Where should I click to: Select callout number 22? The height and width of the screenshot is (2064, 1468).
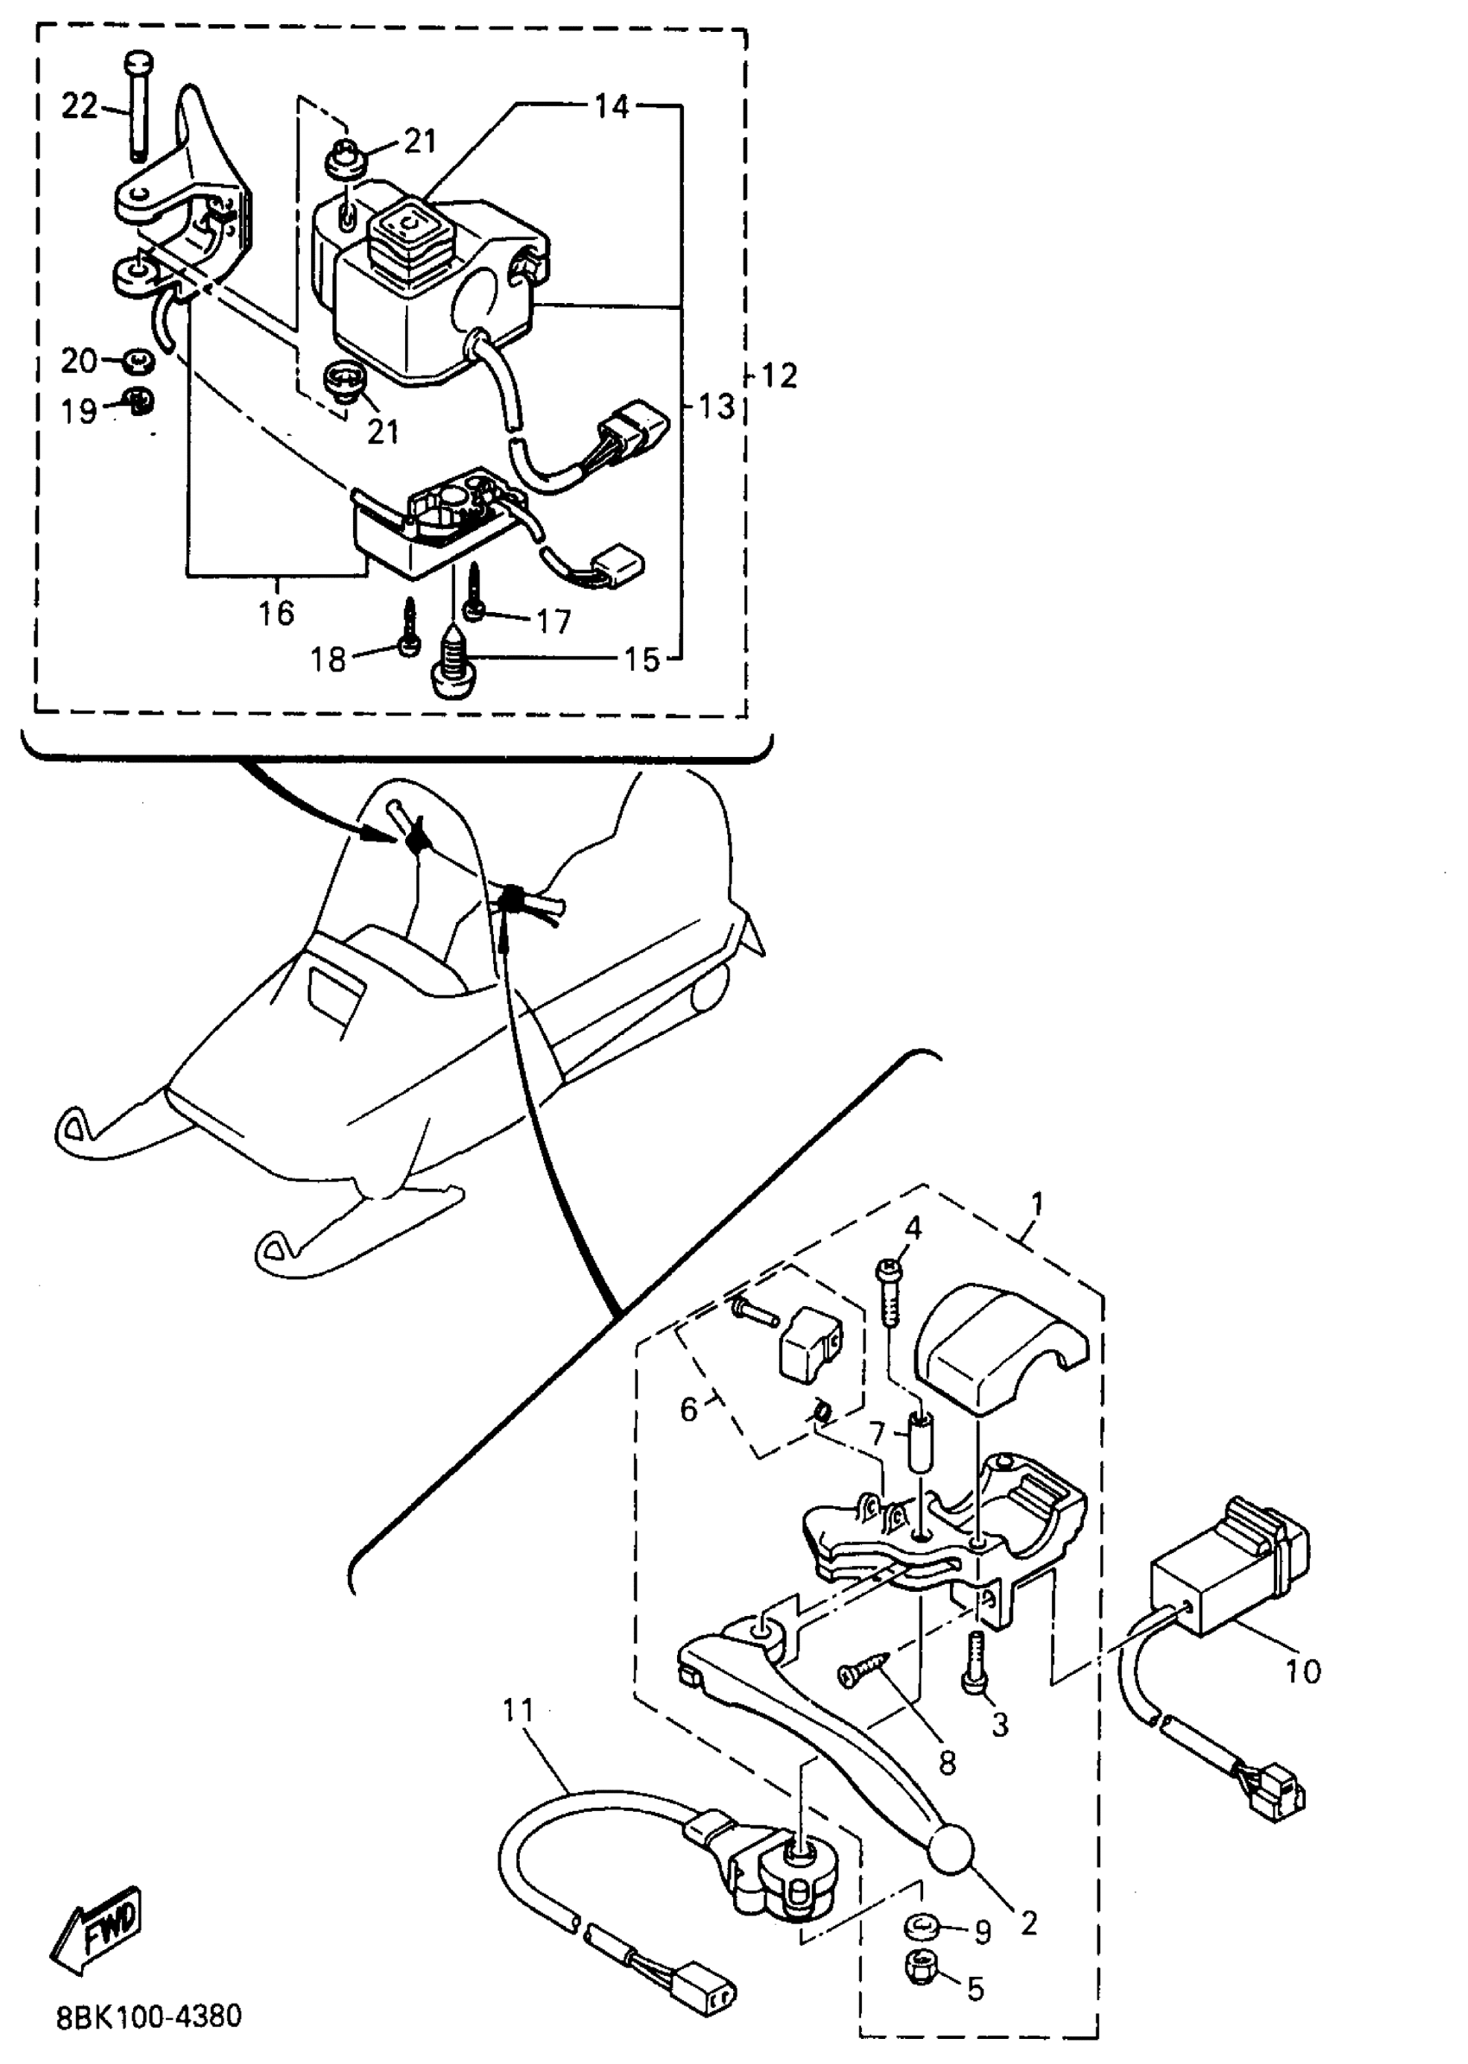pyautogui.click(x=79, y=107)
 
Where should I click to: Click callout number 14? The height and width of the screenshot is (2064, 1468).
pyautogui.click(x=611, y=107)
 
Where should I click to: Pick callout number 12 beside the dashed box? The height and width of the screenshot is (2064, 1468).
pyautogui.click(x=779, y=375)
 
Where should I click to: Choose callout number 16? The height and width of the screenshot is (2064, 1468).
pyautogui.click(x=276, y=613)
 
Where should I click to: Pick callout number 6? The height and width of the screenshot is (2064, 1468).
pyautogui.click(x=689, y=1409)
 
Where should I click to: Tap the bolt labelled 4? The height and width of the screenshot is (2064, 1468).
pyautogui.click(x=887, y=1298)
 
